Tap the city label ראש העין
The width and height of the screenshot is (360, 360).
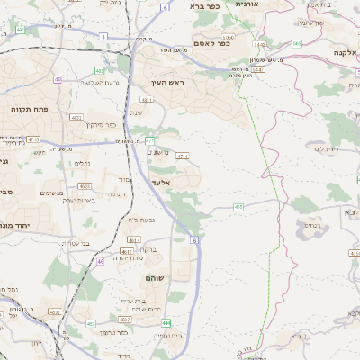[167, 83]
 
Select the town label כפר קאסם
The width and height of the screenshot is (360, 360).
[212, 42]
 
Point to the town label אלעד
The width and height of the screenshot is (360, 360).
[159, 184]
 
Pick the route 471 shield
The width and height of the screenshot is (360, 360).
[150, 140]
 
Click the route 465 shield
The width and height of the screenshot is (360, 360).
[238, 208]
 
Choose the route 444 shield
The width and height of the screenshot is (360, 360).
[166, 321]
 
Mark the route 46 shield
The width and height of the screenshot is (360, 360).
[101, 261]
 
